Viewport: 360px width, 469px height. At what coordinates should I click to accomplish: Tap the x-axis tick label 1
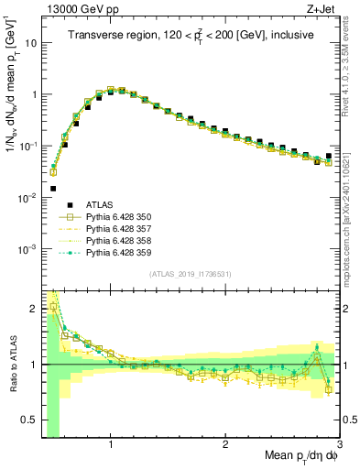[111, 444]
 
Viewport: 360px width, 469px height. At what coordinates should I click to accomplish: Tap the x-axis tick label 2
[225, 444]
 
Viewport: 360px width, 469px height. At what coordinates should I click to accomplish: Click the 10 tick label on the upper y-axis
[30, 43]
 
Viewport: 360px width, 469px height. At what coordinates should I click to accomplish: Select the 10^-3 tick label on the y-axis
[27, 249]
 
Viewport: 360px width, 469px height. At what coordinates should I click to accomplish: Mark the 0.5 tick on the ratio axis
[30, 420]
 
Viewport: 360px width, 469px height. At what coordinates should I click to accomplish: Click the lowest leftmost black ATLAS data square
[53, 189]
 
